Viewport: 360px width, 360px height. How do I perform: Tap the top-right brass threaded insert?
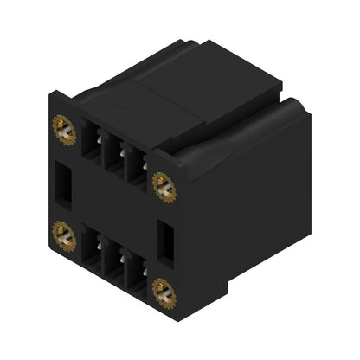(163, 183)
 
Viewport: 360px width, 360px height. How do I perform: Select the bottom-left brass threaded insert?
(63, 231)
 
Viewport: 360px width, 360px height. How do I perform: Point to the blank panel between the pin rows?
(112, 203)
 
